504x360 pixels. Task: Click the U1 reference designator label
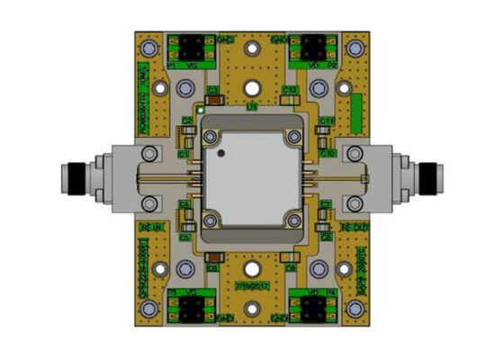[253, 106]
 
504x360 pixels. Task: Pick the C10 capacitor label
[328, 153]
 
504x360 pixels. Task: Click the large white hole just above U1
[253, 88]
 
